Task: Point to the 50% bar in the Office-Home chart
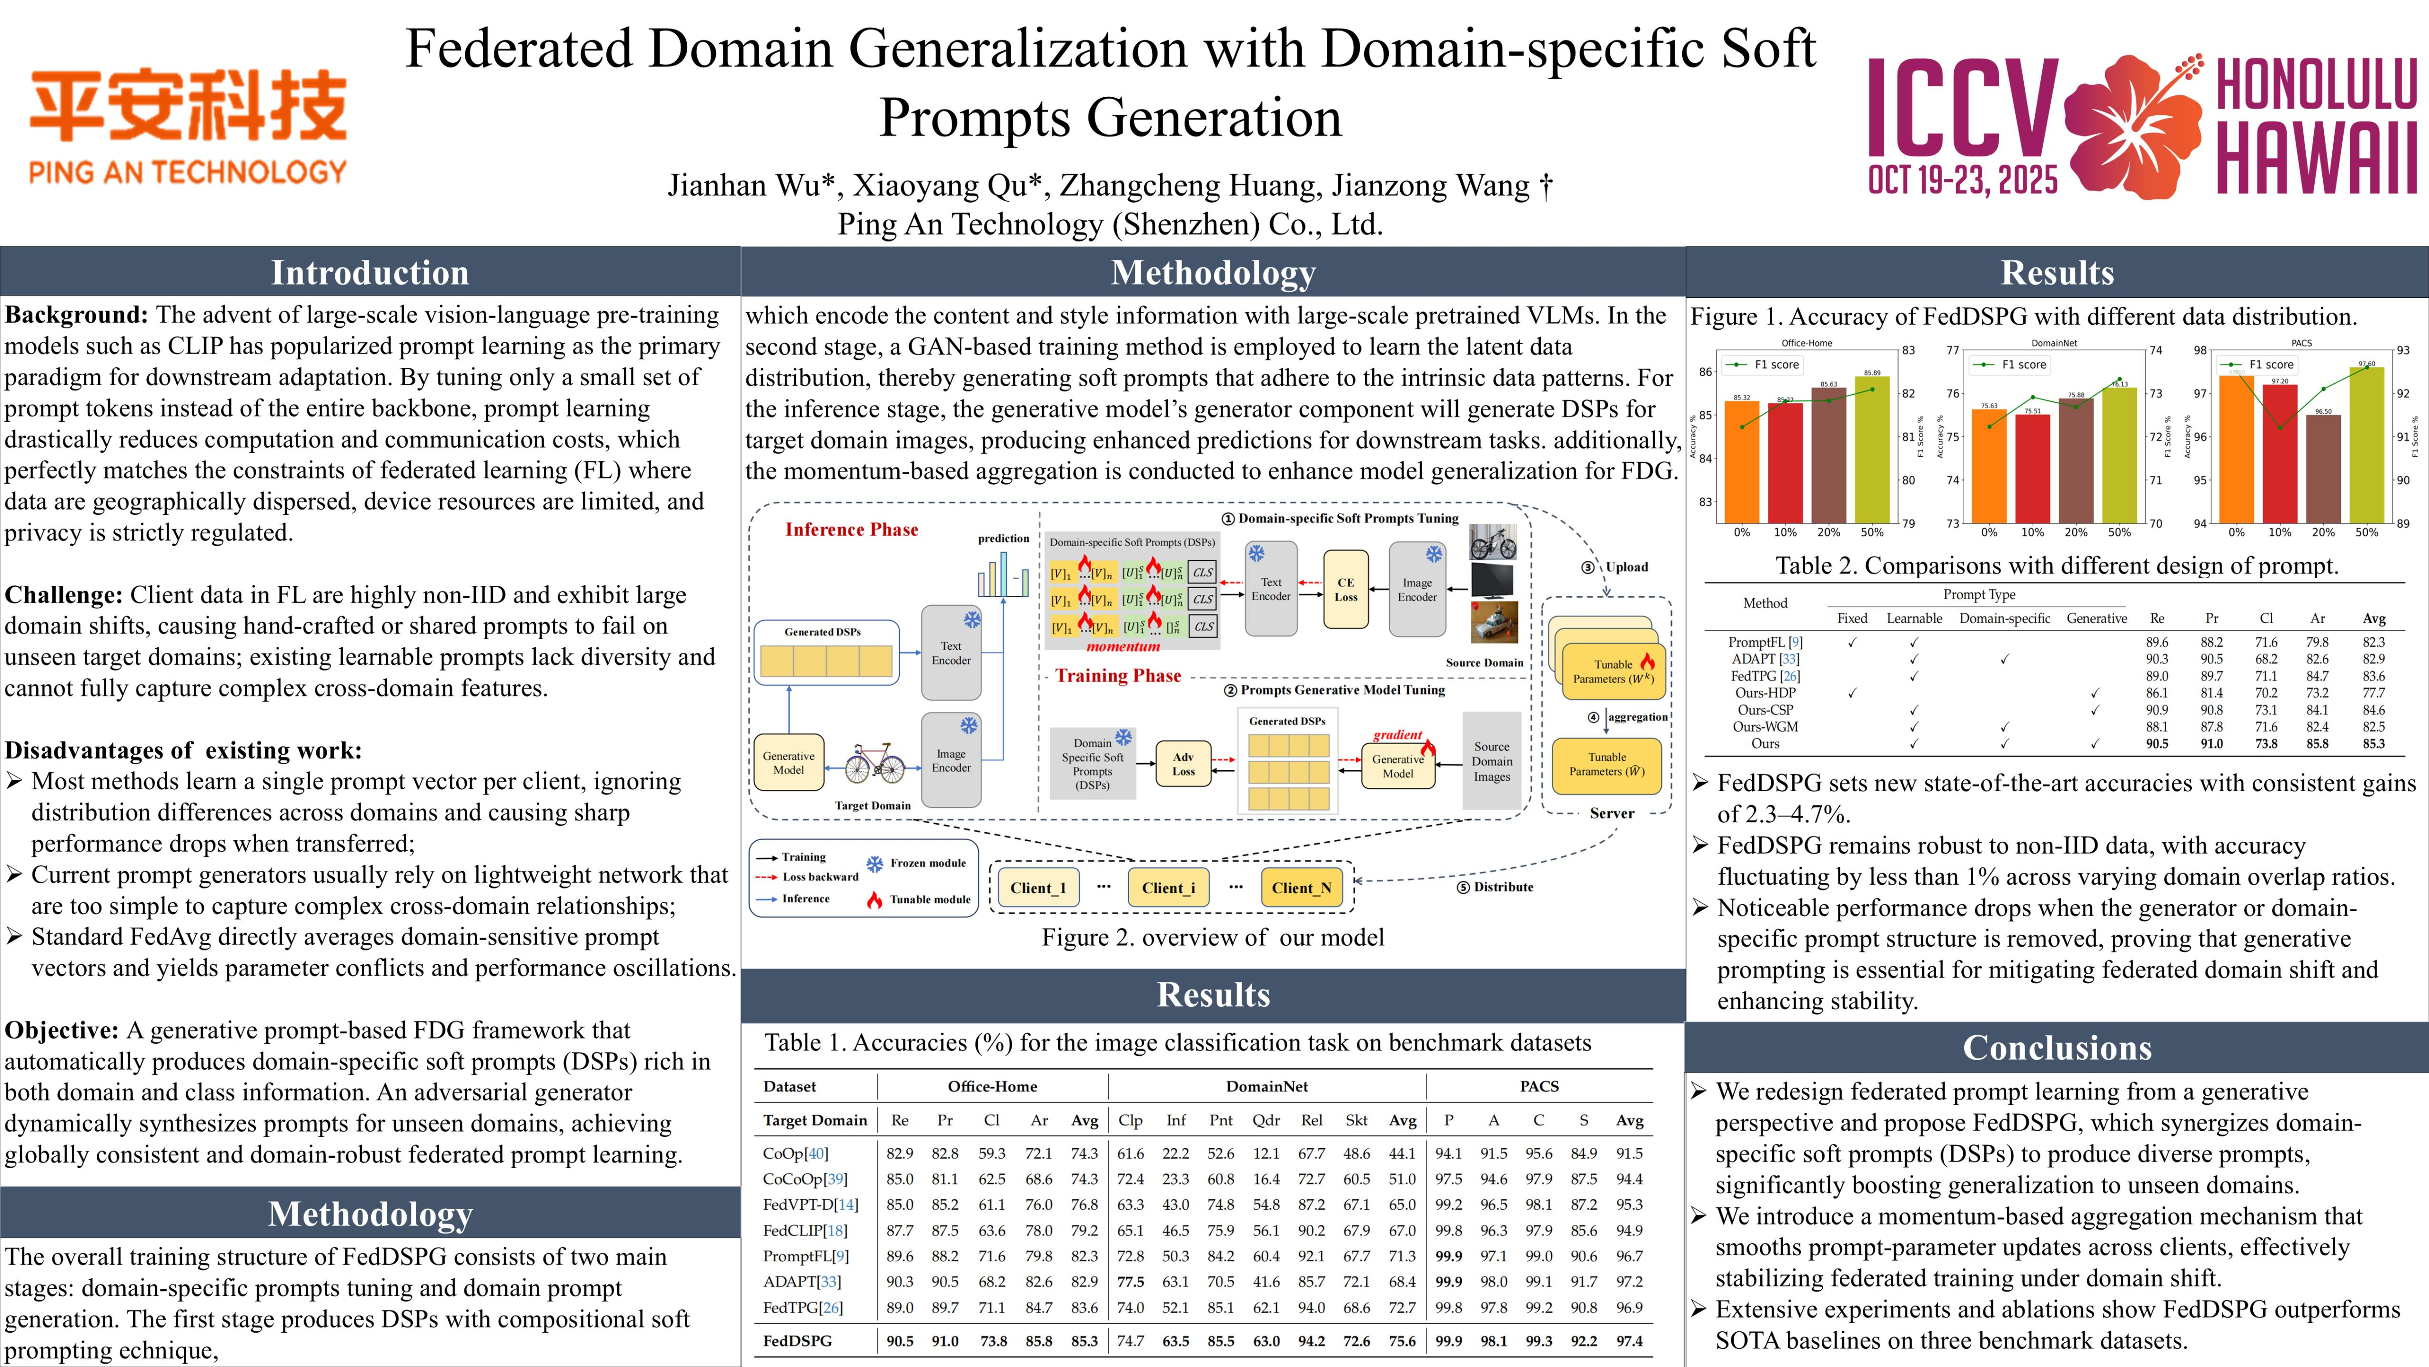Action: coord(1872,449)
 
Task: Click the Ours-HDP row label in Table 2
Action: coord(1765,693)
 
